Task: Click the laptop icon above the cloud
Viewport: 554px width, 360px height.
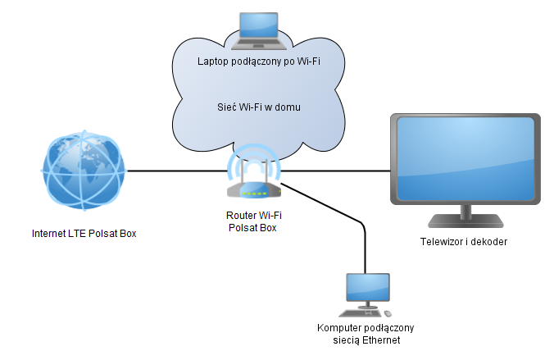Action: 257,30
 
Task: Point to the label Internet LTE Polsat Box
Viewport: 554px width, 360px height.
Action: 83,234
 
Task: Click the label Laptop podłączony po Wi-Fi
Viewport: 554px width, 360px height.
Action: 257,62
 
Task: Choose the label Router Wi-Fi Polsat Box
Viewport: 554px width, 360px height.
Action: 254,221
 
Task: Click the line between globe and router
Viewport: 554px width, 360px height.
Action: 176,171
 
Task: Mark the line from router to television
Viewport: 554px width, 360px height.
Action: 336,171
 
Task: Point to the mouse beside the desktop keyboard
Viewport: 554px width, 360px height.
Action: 388,313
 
